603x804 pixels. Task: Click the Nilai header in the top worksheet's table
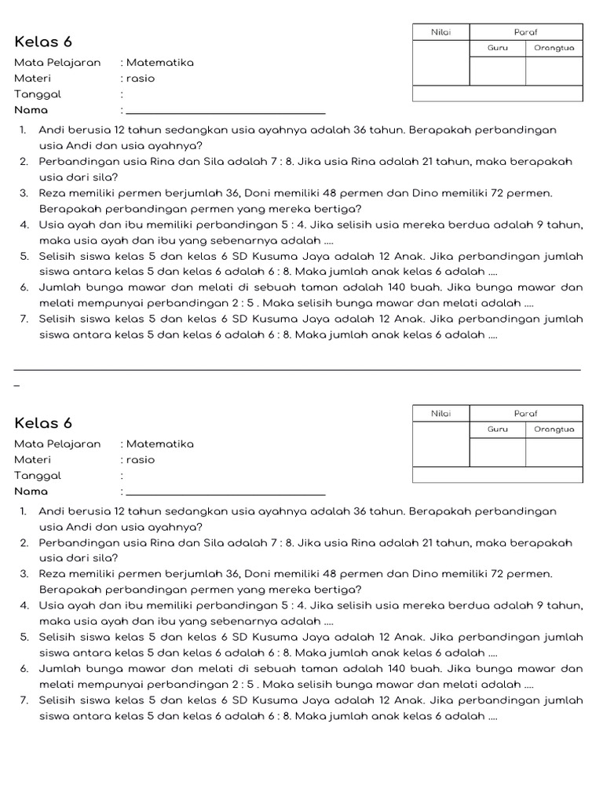440,31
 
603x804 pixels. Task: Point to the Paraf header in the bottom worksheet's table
525,413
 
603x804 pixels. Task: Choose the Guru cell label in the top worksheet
497,48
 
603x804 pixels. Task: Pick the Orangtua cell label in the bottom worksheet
554,429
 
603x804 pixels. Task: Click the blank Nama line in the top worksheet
225,111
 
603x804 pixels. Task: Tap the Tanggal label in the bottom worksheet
38,476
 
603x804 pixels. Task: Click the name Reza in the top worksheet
53,192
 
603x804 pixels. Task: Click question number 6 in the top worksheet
24,287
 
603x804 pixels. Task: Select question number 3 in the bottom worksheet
24,574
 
